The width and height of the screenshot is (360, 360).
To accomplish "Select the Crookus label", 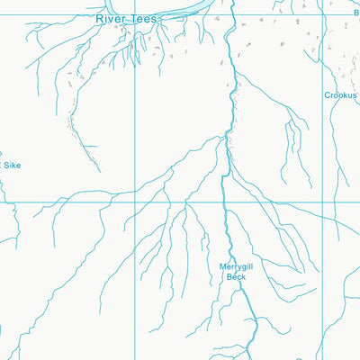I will point(341,94).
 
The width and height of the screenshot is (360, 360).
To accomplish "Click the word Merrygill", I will point(237,266).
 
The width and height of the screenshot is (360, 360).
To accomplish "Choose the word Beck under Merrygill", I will point(236,277).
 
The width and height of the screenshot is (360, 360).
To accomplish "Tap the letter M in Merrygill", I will point(221,266).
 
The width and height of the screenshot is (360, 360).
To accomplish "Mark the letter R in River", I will point(99,18).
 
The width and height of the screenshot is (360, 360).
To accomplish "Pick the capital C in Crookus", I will point(328,94).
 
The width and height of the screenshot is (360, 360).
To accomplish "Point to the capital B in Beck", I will point(229,277).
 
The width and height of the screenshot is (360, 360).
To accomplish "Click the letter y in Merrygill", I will point(238,267).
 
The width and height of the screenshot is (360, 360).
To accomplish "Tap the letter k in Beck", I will point(243,277).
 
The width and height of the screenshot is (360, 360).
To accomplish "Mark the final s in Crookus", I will point(355,94).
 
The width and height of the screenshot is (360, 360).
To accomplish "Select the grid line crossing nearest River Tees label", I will point(135,13).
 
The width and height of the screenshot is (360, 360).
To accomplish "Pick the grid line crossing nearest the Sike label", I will point(1,202).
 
